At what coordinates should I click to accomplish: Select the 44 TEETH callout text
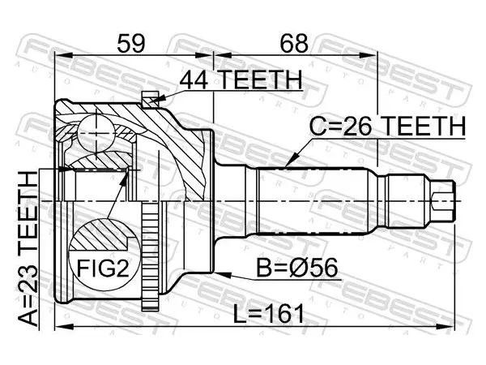pyautogui.click(x=241, y=79)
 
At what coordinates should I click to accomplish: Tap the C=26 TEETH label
pyautogui.click(x=387, y=127)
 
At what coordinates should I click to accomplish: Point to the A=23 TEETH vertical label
pyautogui.click(x=28, y=249)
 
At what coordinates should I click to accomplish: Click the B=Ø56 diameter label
pyautogui.click(x=297, y=268)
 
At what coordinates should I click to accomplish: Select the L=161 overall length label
pyautogui.click(x=268, y=314)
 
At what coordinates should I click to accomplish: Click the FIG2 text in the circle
pyautogui.click(x=103, y=268)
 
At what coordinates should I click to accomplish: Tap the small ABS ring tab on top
pyautogui.click(x=150, y=99)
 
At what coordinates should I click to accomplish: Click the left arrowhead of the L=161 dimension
pyautogui.click(x=63, y=327)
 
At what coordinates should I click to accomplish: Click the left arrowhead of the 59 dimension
pyautogui.click(x=63, y=55)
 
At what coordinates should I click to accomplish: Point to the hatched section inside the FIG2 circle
pyautogui.click(x=100, y=234)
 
